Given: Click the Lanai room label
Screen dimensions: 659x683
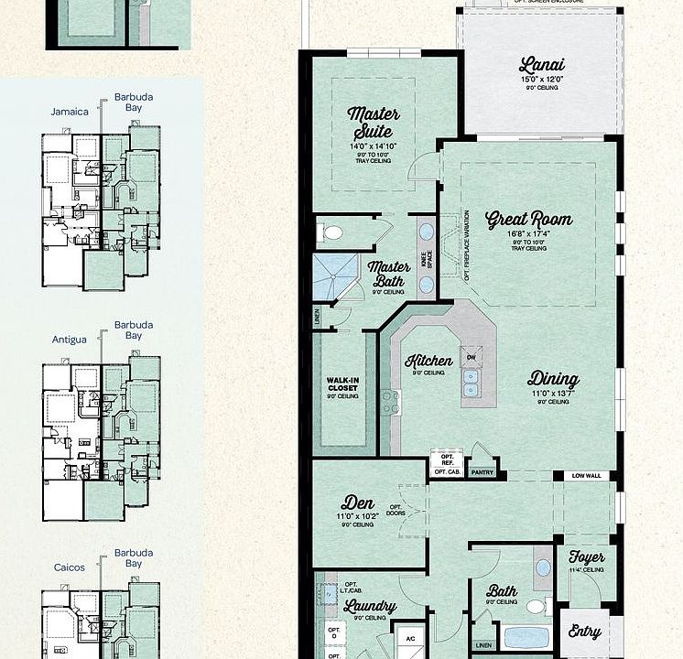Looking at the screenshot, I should (542, 65).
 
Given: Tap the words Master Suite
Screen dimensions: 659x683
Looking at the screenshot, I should (373, 123).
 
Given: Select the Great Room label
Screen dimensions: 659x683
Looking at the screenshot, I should (528, 220).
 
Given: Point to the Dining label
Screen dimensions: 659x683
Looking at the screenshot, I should (553, 379).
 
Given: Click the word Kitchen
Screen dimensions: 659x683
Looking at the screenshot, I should (428, 360).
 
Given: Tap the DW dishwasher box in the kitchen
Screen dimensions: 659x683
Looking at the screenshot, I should (471, 357).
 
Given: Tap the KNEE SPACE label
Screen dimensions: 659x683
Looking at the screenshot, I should (427, 259).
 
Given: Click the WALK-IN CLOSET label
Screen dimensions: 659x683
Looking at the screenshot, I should (342, 387).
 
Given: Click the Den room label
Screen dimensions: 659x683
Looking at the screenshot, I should (357, 502).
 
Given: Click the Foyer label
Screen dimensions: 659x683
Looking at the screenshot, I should (586, 557).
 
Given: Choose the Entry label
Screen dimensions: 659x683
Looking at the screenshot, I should (584, 632).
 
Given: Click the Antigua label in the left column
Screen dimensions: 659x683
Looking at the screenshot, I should (70, 340).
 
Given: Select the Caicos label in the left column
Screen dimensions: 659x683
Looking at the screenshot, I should (69, 567).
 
